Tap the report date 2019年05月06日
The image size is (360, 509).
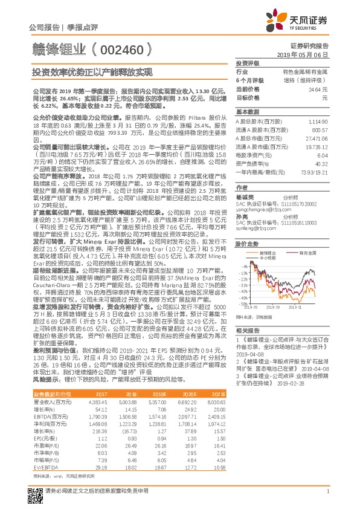coord(312,54)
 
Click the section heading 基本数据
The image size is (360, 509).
coord(246,112)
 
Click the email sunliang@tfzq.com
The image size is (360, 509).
coord(258,222)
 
